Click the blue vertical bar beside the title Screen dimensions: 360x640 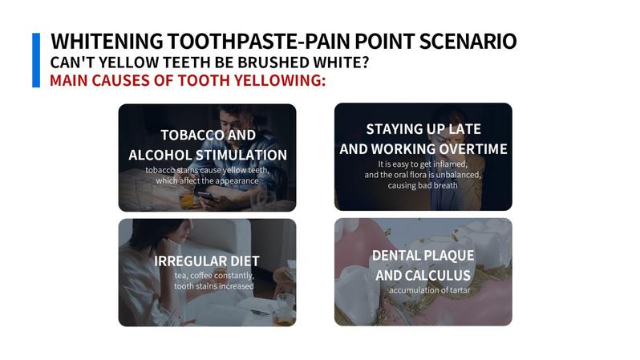tap(35, 60)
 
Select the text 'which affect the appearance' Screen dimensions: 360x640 tap(207, 180)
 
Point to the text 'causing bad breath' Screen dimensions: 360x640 tap(423, 185)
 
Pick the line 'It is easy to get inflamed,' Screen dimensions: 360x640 tap(423, 164)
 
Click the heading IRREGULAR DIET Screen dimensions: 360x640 tap(207, 261)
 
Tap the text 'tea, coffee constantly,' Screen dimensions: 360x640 tap(213, 276)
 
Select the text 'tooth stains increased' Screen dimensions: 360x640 tap(213, 285)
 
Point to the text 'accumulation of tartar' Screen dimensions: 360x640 tap(430, 289)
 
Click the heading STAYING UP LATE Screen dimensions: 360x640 tap(423, 129)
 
